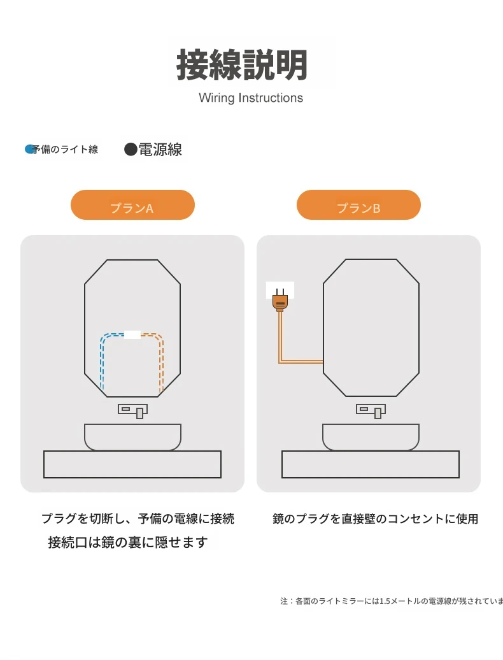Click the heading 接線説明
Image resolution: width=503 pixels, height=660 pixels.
tap(242, 65)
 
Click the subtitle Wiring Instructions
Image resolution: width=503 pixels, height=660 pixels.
tap(251, 97)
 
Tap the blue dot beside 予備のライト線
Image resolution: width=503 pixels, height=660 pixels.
tap(29, 149)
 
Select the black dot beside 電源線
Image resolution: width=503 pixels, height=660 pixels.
tap(131, 149)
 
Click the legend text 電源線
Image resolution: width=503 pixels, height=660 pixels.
tap(160, 150)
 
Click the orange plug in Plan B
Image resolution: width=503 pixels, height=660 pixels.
tap(280, 301)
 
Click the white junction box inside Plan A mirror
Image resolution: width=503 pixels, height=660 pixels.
tap(132, 334)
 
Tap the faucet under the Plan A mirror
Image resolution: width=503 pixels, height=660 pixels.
tap(133, 411)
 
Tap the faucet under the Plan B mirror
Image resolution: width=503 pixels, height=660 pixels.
tap(371, 411)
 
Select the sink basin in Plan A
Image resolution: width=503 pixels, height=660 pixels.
tap(132, 437)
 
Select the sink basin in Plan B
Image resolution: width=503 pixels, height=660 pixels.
tap(371, 437)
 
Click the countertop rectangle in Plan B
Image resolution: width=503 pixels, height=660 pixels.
tap(371, 464)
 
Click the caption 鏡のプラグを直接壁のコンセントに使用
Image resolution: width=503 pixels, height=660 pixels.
tap(375, 519)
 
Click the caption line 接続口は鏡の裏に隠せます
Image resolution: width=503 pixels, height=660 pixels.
tap(128, 542)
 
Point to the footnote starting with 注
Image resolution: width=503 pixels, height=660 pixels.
tap(391, 601)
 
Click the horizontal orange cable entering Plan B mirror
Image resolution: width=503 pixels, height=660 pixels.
tap(301, 361)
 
